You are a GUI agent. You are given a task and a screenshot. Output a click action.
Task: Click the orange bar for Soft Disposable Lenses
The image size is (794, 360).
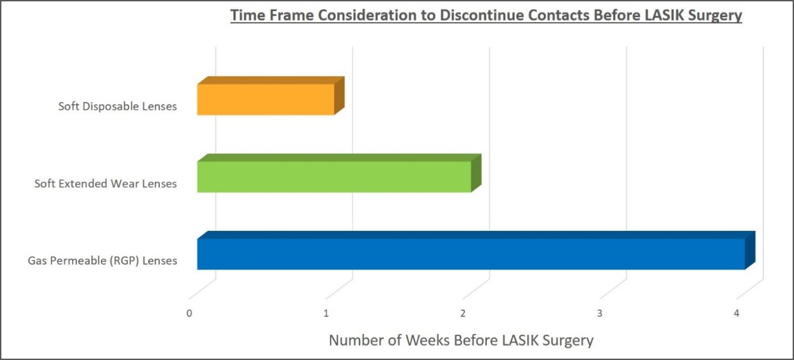coord(265,100)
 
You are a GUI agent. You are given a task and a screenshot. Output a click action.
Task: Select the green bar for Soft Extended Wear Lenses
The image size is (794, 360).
coord(334,177)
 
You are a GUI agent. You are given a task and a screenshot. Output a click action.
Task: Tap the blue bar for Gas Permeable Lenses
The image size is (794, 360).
coord(471,254)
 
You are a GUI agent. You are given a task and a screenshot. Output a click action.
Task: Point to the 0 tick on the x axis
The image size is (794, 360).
coord(189,313)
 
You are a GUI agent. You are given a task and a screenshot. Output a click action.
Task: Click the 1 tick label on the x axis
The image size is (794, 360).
coord(326,313)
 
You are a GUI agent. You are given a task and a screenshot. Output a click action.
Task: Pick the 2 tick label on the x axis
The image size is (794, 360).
coord(463,313)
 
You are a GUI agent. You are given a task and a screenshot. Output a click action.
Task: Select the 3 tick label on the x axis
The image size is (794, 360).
coord(599,313)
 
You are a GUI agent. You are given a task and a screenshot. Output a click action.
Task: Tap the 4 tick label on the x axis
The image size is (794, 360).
coord(737,313)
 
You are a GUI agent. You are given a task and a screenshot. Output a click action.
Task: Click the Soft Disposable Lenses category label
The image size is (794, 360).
coord(117,106)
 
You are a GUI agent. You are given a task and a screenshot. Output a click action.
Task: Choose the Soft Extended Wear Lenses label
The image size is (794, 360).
coord(105,184)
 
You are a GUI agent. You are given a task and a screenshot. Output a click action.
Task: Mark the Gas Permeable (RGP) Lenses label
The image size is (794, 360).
coord(103,261)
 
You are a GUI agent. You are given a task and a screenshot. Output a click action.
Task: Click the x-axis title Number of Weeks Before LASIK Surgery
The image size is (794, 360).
coord(461,340)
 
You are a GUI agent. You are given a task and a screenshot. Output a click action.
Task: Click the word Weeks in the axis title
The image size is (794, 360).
coord(424,340)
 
